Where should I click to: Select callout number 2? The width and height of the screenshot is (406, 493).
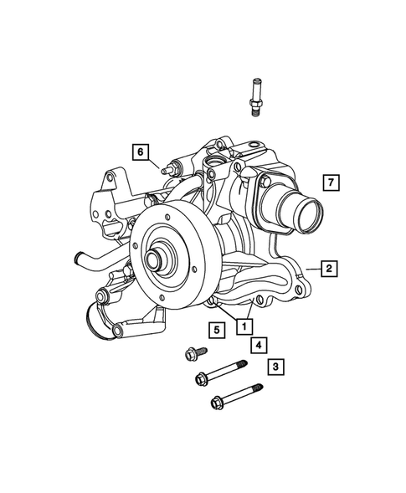(x=330, y=268)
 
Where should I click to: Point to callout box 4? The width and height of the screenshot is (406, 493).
(x=260, y=344)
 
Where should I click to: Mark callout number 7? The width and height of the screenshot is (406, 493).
(x=331, y=182)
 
